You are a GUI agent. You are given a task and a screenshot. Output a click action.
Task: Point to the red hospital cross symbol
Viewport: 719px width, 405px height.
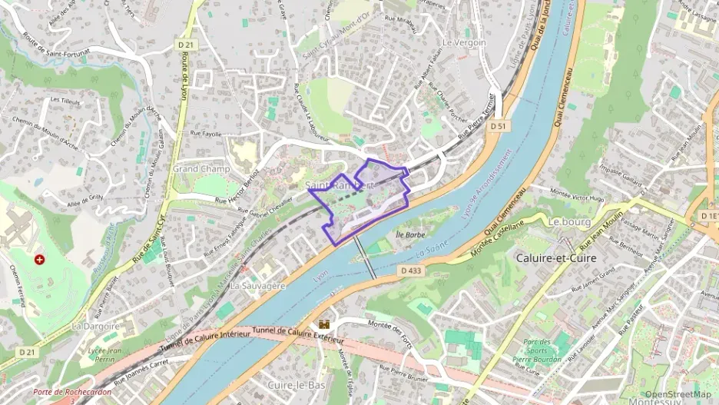coord(39,260)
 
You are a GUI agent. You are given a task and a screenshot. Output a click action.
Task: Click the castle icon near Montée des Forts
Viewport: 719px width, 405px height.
coord(324,324)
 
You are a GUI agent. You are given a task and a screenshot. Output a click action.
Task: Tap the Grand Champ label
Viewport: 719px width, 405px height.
coord(196,168)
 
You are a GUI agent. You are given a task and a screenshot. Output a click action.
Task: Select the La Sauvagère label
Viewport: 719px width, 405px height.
coord(258,285)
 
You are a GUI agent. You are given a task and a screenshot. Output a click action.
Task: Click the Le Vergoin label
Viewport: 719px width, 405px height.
coord(464,43)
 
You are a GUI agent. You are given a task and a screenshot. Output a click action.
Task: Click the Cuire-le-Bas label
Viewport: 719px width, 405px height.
coord(294,383)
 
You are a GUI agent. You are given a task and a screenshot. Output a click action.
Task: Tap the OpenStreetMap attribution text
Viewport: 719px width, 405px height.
coord(678,394)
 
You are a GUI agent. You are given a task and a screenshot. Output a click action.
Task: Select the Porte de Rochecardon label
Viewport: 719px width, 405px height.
coord(72,392)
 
